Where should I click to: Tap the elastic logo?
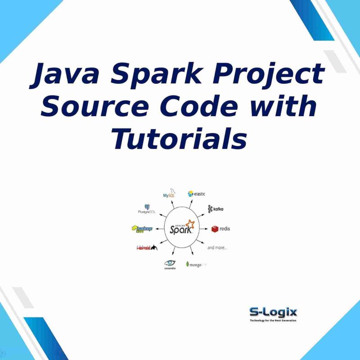click(197, 194)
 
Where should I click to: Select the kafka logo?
click(216, 209)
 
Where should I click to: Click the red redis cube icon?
click(215, 229)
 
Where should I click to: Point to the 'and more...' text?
click(217, 247)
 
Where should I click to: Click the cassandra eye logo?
click(169, 264)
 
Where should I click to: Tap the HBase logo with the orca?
click(146, 247)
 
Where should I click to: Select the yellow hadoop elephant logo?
click(142, 229)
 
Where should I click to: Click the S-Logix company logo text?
click(273, 312)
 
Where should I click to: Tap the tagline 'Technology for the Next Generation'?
click(273, 321)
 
